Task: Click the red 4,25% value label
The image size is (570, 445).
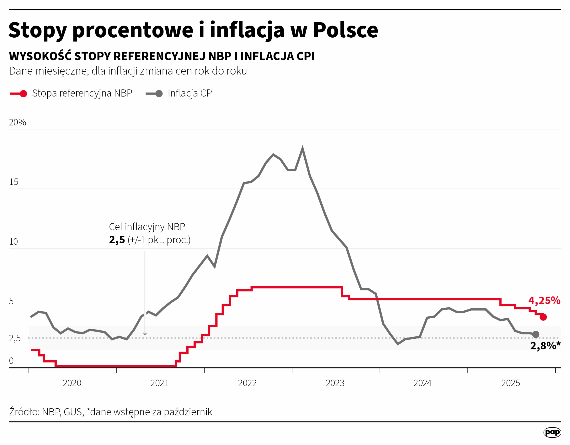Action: pyautogui.click(x=544, y=301)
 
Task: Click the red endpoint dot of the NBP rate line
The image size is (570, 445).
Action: pyautogui.click(x=543, y=317)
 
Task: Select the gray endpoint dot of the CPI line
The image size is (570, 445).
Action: pyautogui.click(x=535, y=334)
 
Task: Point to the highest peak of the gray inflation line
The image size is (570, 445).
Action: pyautogui.click(x=303, y=148)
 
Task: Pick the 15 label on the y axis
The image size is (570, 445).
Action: pyautogui.click(x=14, y=182)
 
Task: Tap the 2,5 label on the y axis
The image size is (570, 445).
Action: pyautogui.click(x=15, y=338)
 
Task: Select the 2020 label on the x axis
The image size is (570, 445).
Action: pyautogui.click(x=72, y=383)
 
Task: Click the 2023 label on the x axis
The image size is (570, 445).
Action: pyautogui.click(x=335, y=383)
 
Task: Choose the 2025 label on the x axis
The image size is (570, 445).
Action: pyautogui.click(x=511, y=383)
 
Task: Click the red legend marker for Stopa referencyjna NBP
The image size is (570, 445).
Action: pyautogui.click(x=23, y=94)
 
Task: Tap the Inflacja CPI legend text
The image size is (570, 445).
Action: pyautogui.click(x=191, y=93)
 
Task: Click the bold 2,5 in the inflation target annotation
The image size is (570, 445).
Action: pyautogui.click(x=117, y=240)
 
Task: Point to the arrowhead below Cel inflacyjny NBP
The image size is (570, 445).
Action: pyautogui.click(x=145, y=334)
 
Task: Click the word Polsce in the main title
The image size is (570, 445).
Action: pyautogui.click(x=346, y=30)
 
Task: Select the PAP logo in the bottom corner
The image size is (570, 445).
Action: pyautogui.click(x=552, y=432)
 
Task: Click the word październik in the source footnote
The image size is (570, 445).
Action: pyautogui.click(x=188, y=412)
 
